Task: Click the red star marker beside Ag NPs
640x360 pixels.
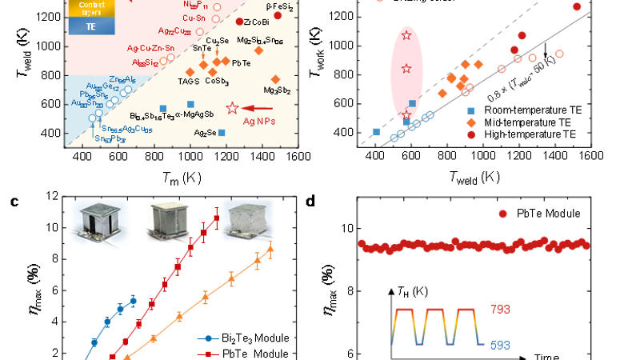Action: (x=233, y=107)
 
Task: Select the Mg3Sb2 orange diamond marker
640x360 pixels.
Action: (x=276, y=79)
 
